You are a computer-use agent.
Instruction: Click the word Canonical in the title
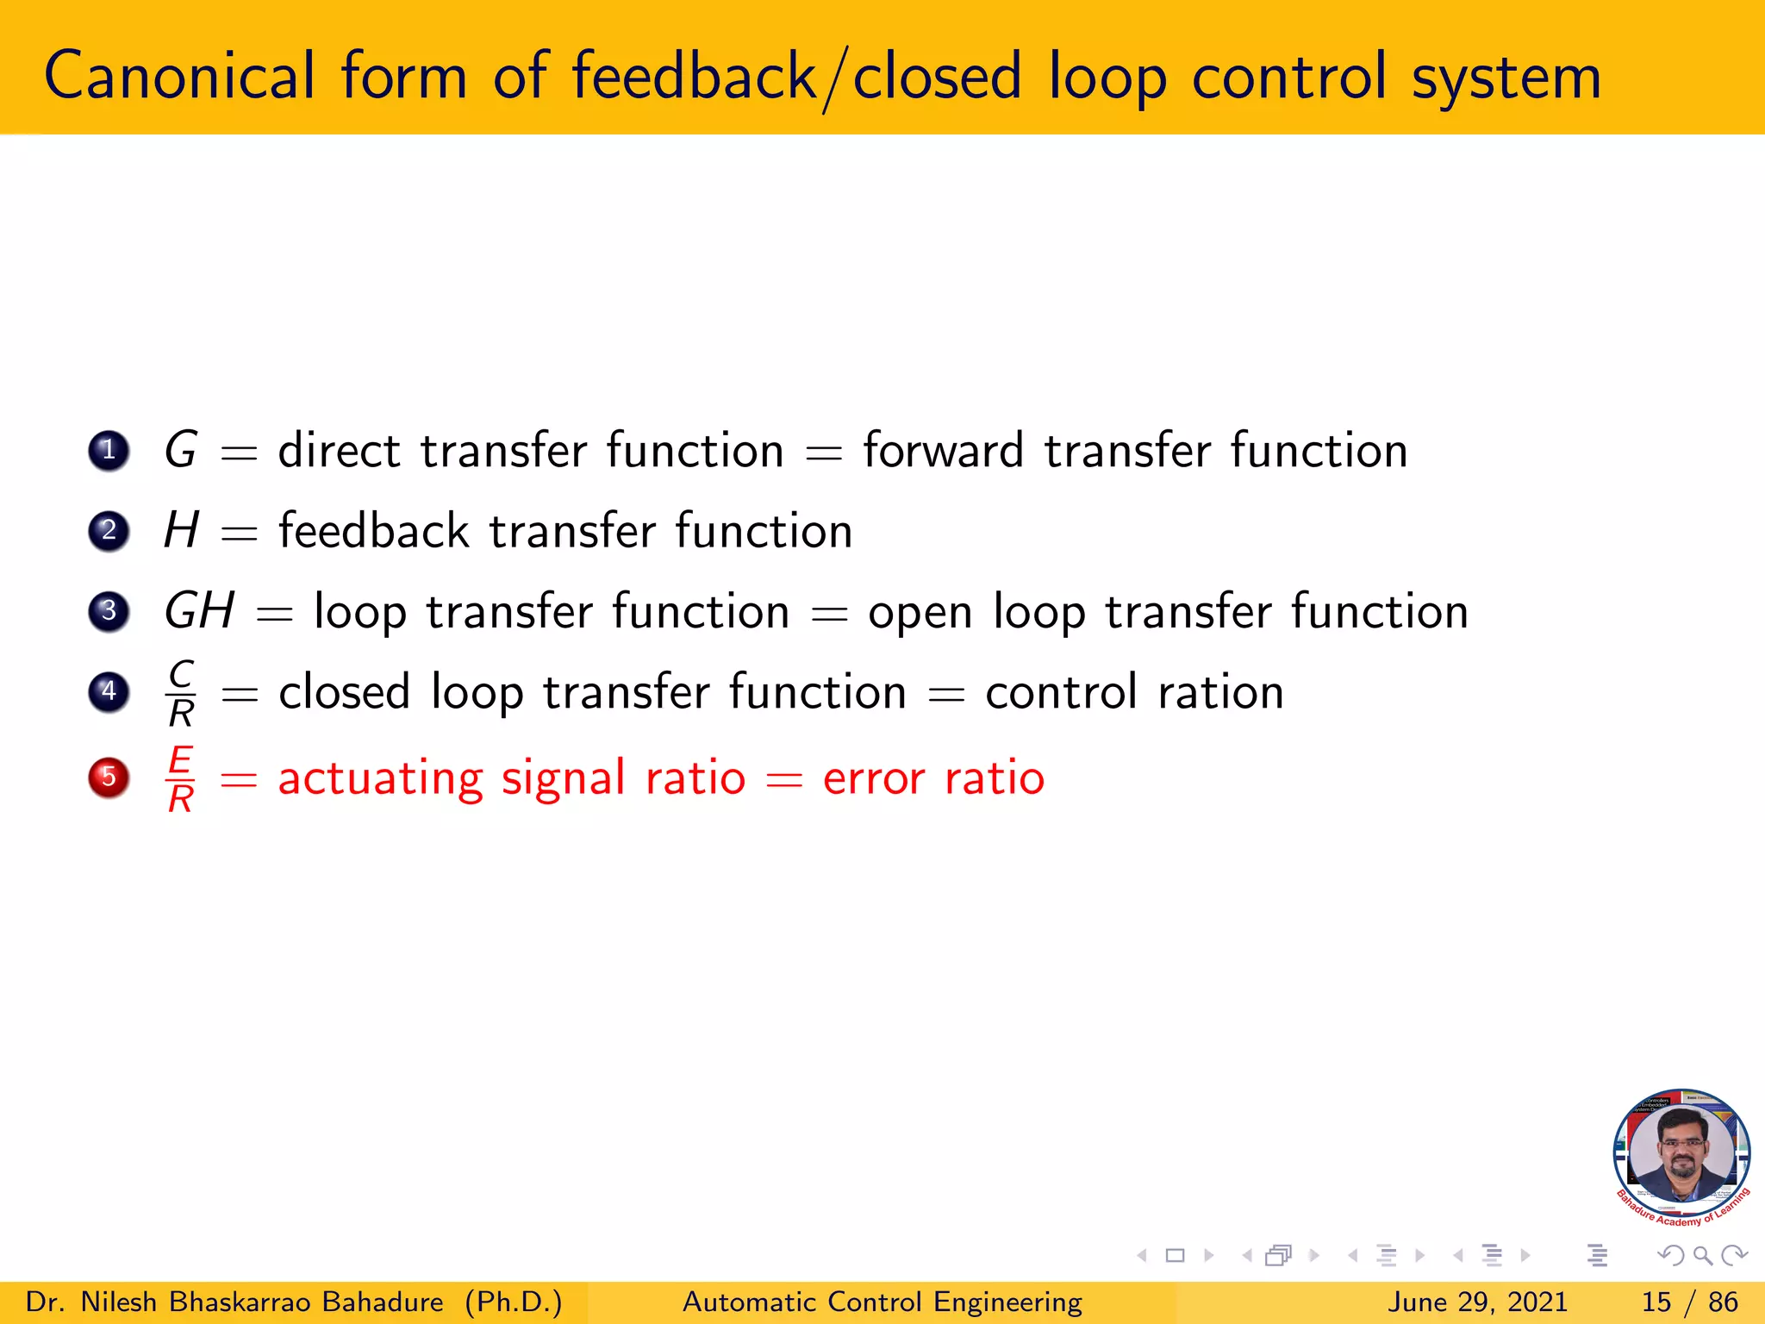coord(179,78)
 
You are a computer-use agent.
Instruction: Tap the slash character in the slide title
coord(833,79)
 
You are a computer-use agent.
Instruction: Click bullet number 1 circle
coord(109,450)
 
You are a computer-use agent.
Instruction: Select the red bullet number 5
coord(109,778)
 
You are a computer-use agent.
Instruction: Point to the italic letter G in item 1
coord(181,450)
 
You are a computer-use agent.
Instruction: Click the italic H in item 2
coord(182,530)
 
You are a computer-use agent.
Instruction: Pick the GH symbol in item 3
coord(199,611)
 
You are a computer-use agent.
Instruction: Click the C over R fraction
coord(181,693)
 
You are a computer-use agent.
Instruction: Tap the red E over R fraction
coord(181,779)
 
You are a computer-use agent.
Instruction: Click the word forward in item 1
coord(943,451)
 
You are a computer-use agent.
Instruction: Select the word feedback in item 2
coord(373,530)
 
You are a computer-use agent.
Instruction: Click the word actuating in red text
coord(380,779)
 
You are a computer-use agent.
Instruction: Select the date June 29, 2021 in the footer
coord(1477,1302)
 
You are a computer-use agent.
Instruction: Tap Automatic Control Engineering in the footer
coord(882,1302)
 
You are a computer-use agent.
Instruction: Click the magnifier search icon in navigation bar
coord(1702,1256)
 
